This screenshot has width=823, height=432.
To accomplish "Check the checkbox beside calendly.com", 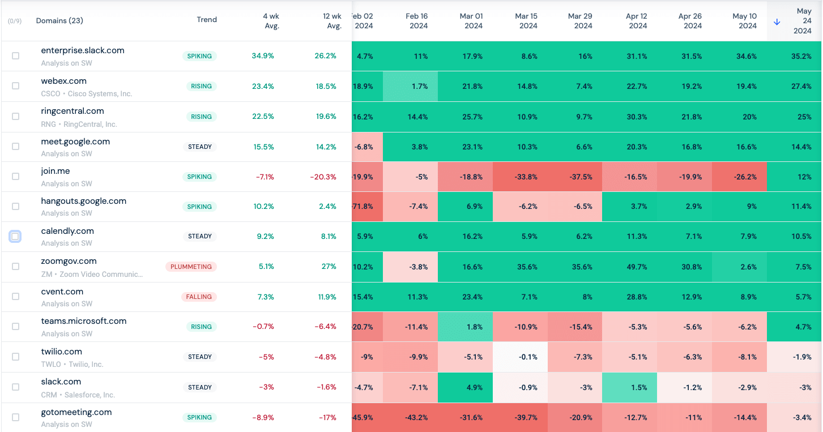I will tap(15, 236).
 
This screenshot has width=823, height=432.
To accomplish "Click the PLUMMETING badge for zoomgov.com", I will tap(191, 267).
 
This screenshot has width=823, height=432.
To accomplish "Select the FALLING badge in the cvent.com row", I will tap(199, 297).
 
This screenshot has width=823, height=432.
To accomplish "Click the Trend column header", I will tap(207, 20).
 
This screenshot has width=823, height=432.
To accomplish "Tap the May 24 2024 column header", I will tap(803, 21).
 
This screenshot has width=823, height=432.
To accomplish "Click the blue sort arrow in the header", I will tap(777, 22).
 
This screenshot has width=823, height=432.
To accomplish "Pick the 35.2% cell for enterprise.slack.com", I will tap(801, 57).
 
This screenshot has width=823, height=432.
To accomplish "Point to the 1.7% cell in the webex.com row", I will tap(420, 87).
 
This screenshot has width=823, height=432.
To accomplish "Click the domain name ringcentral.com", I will tap(73, 111).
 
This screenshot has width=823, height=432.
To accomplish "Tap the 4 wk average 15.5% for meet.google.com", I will tap(263, 147).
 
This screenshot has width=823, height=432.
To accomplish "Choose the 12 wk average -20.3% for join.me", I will tap(323, 177).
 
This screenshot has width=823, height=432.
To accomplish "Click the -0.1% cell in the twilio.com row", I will tap(527, 357).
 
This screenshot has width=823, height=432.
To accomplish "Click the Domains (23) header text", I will tap(59, 21).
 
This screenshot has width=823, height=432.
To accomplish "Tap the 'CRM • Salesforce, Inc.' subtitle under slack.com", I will tap(78, 395).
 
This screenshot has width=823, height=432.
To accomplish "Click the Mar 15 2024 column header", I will tap(528, 21).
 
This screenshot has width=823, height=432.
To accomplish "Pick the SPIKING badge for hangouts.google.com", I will tap(199, 207).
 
